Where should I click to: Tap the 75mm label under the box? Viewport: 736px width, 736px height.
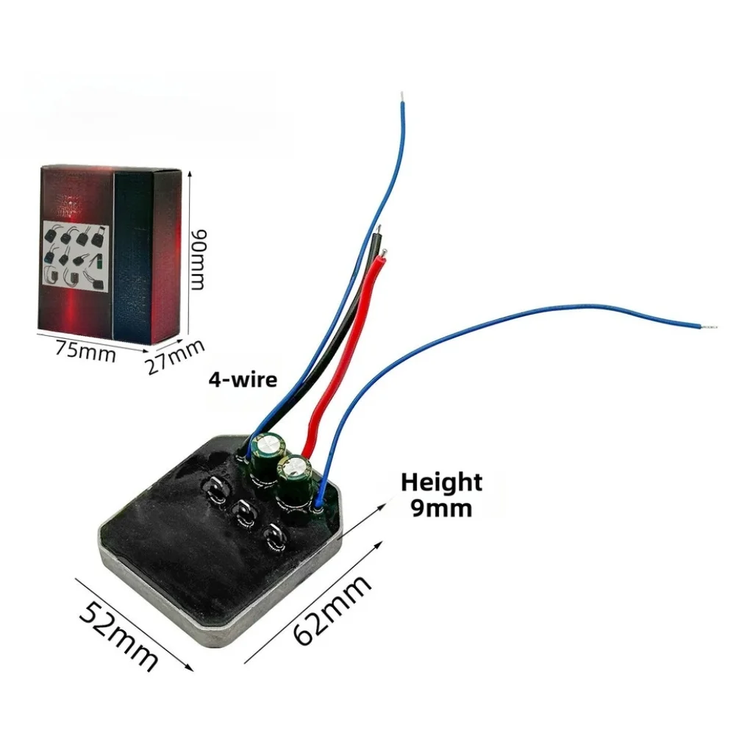85,351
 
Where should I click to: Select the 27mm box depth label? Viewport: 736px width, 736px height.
175,357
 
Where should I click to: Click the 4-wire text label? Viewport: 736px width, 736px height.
243,379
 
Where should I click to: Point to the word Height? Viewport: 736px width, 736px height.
441,483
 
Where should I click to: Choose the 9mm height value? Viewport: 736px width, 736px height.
442,508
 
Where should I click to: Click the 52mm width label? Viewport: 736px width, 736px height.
118,635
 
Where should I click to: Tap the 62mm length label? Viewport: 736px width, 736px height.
332,610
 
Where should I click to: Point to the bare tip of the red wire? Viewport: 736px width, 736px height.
385,252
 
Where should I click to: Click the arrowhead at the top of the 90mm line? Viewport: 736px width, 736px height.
190,174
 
